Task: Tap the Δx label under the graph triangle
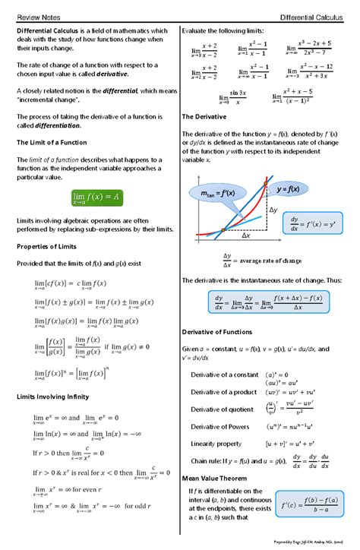pyautogui.click(x=246, y=236)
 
